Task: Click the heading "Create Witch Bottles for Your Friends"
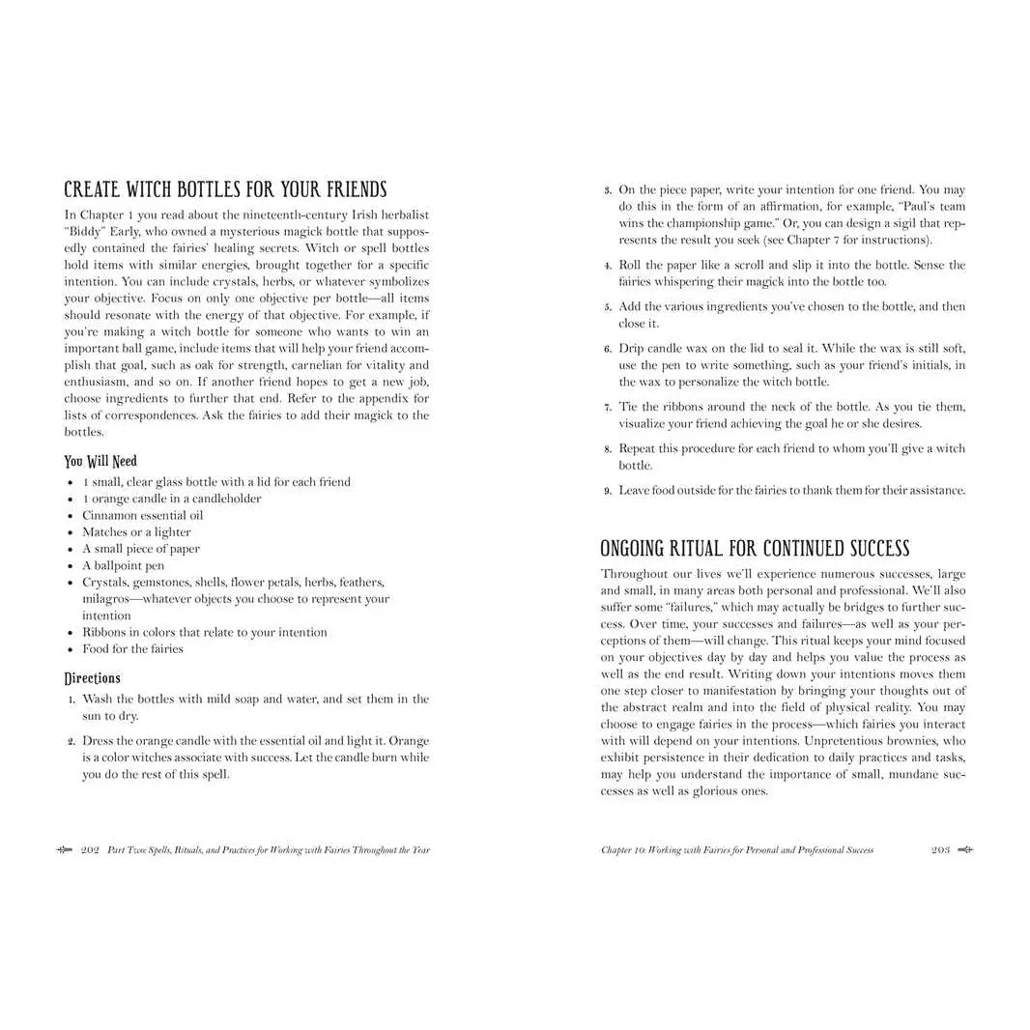[x=225, y=189]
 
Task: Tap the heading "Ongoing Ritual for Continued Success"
[x=755, y=549]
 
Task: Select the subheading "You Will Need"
[x=100, y=461]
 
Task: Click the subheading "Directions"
[x=93, y=677]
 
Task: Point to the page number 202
[x=91, y=850]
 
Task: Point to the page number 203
[x=940, y=850]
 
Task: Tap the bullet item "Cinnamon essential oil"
[x=142, y=515]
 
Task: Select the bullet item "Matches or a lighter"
[x=136, y=531]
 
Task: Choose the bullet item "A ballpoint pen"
[x=123, y=565]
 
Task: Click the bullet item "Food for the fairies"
[x=132, y=648]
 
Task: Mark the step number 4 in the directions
[x=607, y=266]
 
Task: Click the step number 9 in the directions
[x=607, y=491]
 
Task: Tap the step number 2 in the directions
[x=72, y=741]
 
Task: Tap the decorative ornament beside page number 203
[x=964, y=850]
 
